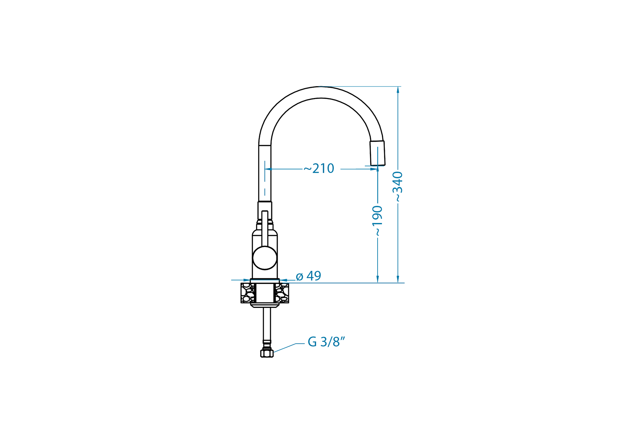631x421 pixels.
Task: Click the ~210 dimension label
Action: (319, 168)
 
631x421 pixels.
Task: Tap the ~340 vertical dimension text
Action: (398, 186)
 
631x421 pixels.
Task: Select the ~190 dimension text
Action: (378, 221)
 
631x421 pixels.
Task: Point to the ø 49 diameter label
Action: (308, 276)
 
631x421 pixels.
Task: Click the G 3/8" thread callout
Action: (326, 342)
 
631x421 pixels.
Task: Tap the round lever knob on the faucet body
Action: (265, 258)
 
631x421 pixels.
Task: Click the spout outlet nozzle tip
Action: (377, 153)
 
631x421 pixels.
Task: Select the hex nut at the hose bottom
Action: (267, 354)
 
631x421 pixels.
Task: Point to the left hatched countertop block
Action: (248, 293)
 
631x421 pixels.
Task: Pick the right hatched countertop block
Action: (282, 293)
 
